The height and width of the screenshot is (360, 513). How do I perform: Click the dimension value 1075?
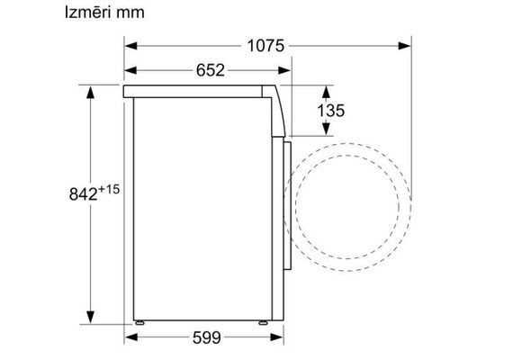click(x=265, y=46)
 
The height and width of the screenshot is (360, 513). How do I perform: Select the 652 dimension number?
click(x=211, y=70)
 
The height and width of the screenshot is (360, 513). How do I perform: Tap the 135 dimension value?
click(x=331, y=111)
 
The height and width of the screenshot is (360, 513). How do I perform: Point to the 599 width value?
click(x=207, y=337)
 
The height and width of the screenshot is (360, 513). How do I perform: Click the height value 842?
click(x=83, y=194)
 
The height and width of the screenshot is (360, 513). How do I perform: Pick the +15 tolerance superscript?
click(x=109, y=190)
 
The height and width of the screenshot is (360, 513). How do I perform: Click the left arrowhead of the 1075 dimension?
click(x=130, y=46)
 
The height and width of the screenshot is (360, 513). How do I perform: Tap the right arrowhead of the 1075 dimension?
click(x=404, y=46)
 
